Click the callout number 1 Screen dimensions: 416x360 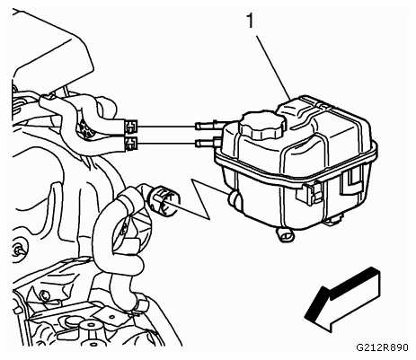click(250, 21)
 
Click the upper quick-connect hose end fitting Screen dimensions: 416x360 click(130, 126)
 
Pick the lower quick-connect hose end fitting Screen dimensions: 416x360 click(130, 143)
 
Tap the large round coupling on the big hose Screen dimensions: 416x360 click(164, 199)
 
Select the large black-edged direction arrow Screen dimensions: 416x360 click(342, 299)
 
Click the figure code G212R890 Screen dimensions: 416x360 click(382, 347)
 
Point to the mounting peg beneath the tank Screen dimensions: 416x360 click(285, 234)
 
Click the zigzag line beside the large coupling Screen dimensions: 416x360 click(201, 199)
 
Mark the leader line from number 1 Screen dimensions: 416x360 click(272, 67)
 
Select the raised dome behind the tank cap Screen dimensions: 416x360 click(297, 110)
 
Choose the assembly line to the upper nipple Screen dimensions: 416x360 click(166, 127)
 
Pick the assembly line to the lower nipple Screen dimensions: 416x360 click(166, 144)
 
